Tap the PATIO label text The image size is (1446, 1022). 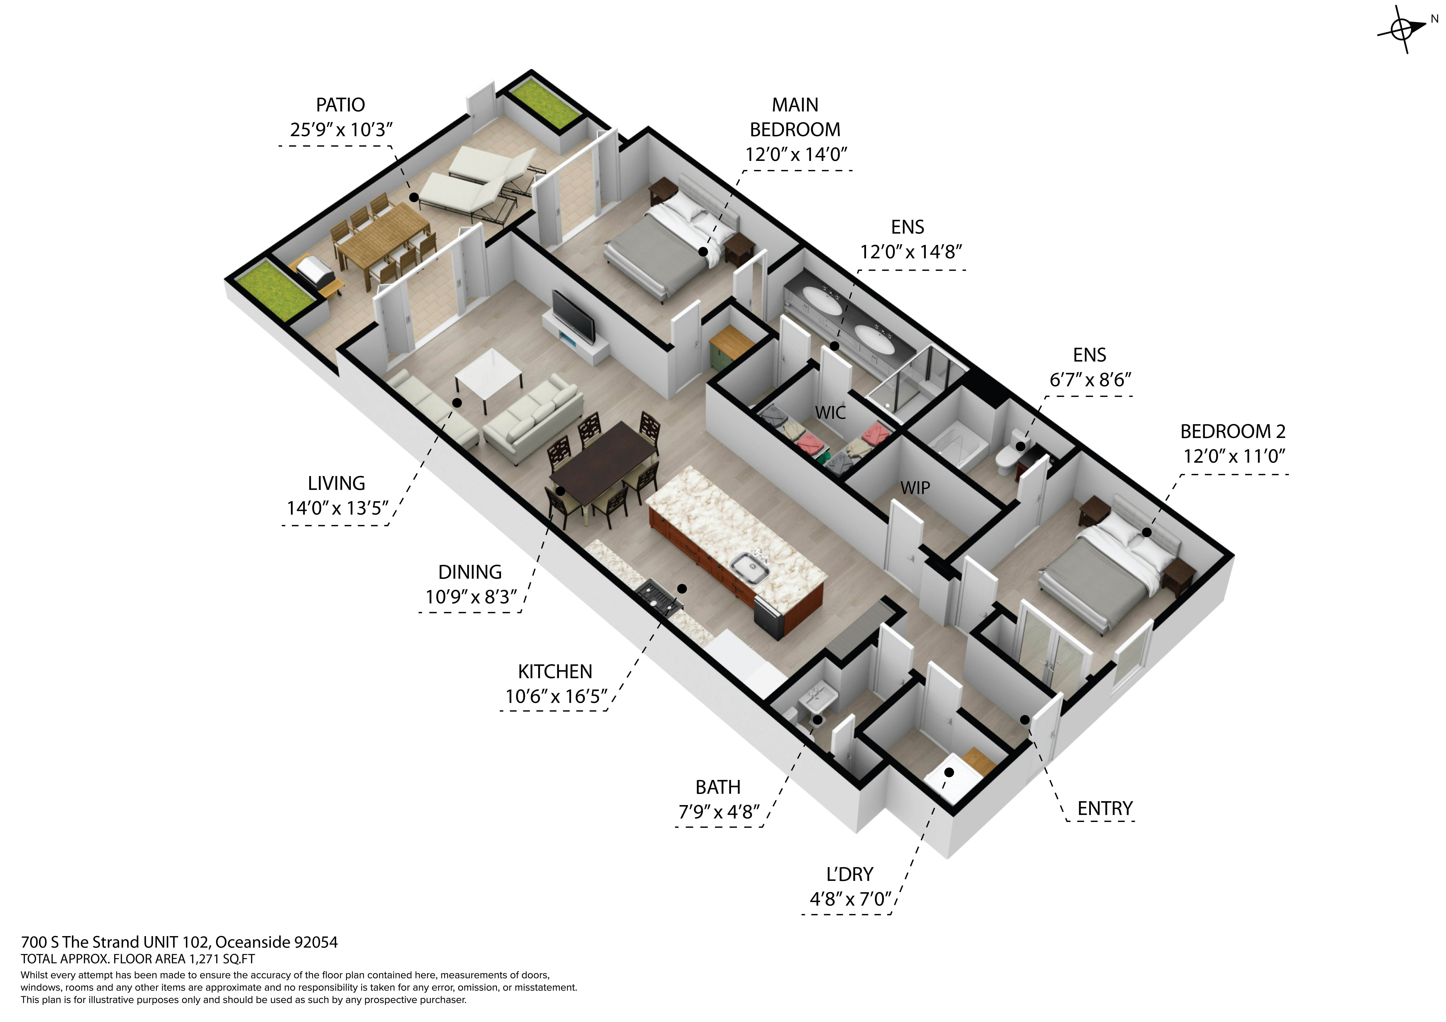pos(340,104)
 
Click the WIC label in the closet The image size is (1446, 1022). pos(830,413)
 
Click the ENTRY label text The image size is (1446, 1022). pos(1105,809)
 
